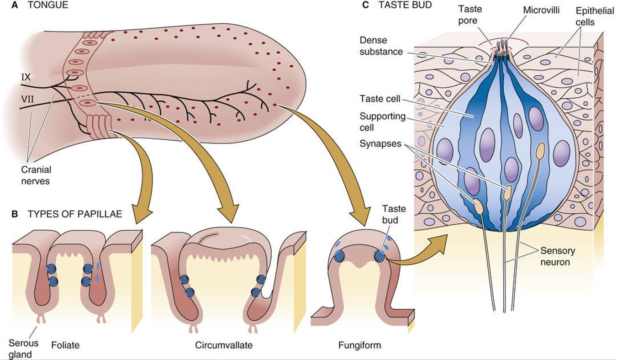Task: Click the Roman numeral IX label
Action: (26, 77)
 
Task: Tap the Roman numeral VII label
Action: (27, 99)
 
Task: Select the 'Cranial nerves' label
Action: (36, 175)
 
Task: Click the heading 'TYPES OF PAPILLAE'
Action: (74, 214)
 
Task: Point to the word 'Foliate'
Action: (65, 345)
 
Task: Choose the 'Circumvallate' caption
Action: (224, 345)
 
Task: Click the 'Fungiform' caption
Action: (359, 345)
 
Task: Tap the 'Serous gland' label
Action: (23, 349)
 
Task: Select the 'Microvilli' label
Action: (541, 10)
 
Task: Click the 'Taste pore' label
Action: (470, 15)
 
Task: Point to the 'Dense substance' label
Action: (381, 46)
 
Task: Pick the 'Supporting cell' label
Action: (382, 122)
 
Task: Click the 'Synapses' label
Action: (380, 143)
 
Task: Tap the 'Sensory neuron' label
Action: (558, 256)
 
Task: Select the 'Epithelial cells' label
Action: (595, 16)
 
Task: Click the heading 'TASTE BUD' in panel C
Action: (405, 5)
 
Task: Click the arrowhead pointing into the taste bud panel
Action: (440, 244)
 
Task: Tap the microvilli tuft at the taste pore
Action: (501, 48)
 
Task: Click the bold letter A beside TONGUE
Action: (15, 5)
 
